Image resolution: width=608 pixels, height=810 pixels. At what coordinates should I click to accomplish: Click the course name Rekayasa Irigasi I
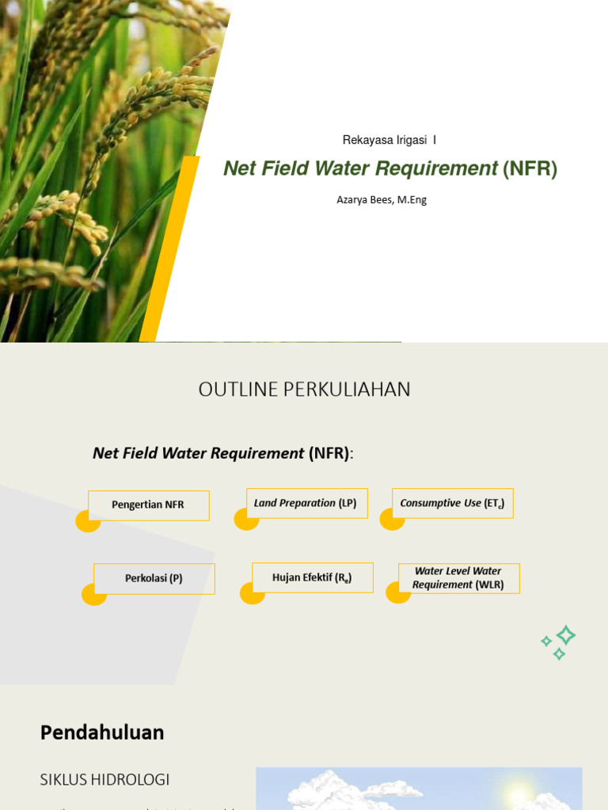[389, 140]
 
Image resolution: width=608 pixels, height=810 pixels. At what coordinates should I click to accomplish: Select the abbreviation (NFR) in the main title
[530, 168]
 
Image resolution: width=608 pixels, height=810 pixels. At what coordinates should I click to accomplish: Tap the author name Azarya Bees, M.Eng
[382, 200]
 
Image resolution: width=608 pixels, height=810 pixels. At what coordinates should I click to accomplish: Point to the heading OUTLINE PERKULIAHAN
[304, 389]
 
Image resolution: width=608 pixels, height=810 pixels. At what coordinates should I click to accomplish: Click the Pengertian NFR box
[148, 505]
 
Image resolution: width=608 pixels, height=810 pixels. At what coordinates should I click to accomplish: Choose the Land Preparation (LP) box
[306, 503]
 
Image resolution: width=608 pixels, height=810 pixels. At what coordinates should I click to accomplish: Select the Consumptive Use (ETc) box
[452, 503]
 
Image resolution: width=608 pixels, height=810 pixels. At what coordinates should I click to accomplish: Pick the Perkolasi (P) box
[154, 578]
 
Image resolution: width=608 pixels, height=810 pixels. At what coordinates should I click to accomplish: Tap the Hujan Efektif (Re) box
[312, 577]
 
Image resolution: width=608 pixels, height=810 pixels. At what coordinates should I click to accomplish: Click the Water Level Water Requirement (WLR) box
[458, 578]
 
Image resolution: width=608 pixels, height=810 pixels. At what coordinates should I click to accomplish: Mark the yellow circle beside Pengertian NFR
[87, 521]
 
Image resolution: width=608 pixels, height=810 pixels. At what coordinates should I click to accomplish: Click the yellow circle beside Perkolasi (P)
[93, 594]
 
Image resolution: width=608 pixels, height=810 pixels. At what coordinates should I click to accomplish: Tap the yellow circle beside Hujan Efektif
[252, 593]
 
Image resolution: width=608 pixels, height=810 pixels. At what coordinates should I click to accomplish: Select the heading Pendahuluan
[102, 732]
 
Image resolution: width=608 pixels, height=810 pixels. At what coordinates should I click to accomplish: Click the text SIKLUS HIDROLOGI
[104, 779]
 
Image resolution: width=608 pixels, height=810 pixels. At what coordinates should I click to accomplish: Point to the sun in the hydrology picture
[519, 793]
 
